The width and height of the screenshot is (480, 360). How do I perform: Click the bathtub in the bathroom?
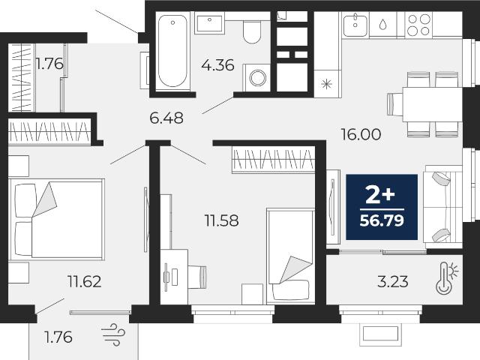pos(172,51)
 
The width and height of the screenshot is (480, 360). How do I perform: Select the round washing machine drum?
pos(257,77)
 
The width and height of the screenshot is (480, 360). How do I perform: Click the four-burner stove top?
pos(418,25)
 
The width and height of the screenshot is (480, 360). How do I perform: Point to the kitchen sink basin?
pos(355,25)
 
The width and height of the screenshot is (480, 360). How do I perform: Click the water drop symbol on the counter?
pos(383,25)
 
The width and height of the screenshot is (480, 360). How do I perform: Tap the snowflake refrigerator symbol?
pos(327,84)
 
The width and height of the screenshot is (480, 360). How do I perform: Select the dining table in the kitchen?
pos(432,104)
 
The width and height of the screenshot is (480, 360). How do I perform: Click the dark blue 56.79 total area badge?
pos(382,207)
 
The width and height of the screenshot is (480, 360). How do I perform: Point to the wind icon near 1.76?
pos(113,334)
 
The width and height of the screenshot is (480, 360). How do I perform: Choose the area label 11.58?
pos(222,220)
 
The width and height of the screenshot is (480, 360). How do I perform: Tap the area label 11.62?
pos(85,281)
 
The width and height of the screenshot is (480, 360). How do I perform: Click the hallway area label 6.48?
pos(166,118)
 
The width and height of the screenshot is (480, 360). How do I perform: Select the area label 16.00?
pos(361,134)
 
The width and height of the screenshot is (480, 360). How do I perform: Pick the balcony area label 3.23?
pos(393,282)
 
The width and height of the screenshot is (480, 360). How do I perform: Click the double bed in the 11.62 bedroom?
pos(57,219)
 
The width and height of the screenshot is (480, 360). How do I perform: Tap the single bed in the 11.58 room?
pos(290,256)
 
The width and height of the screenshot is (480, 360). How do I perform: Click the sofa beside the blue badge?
pos(442,207)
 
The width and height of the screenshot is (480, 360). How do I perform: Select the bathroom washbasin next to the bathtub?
pos(209,22)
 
